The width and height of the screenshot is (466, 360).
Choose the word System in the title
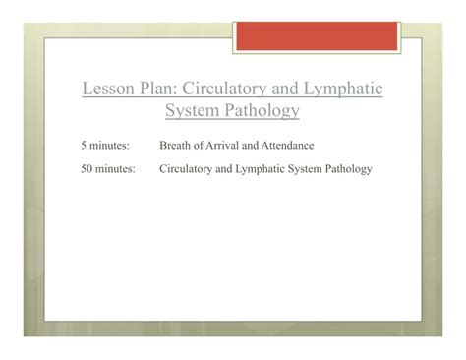pos(193,111)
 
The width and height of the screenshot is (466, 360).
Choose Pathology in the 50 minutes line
pos(349,169)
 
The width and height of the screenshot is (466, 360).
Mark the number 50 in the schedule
pos(87,169)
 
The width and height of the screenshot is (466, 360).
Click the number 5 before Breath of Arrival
pos(84,146)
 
